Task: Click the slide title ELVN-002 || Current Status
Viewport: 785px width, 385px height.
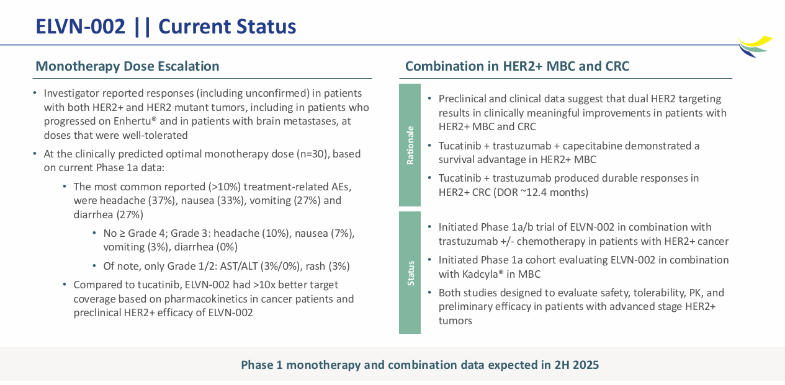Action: click(x=166, y=27)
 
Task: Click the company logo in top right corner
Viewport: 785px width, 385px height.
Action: click(x=755, y=46)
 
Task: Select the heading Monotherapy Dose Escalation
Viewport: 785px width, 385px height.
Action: click(x=127, y=66)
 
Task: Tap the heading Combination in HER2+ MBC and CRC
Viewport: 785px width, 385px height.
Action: click(x=517, y=66)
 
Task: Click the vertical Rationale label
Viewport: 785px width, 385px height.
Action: click(x=410, y=145)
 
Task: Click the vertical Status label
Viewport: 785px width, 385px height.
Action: click(x=410, y=273)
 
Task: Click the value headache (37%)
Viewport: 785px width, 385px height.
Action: click(x=138, y=201)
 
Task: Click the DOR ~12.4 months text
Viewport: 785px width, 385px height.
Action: click(x=539, y=192)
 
